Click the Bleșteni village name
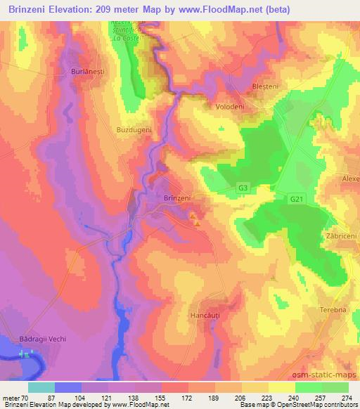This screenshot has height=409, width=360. click(266, 86)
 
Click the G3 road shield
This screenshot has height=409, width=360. click(243, 188)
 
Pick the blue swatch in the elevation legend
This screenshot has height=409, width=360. click(68, 387)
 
